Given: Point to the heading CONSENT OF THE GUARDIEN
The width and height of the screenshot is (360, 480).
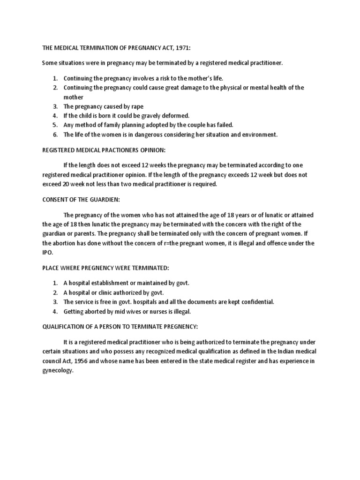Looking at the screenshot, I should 81,199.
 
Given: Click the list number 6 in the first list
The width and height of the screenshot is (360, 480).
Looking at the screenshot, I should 54,135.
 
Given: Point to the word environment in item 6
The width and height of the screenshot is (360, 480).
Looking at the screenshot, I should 259,135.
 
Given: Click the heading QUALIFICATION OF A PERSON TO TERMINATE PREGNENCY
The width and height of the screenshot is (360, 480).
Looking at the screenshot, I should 122,327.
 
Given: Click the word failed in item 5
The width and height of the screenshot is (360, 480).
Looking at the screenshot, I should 223,125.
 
